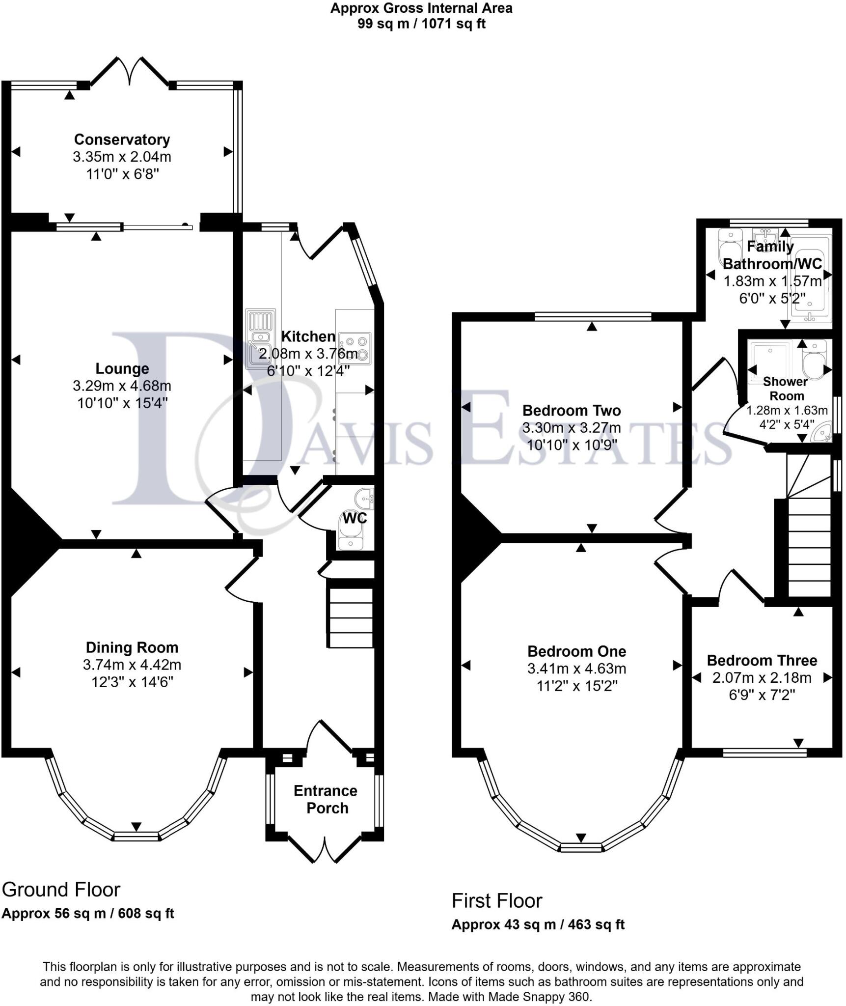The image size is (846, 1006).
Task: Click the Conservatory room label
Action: point(122,140)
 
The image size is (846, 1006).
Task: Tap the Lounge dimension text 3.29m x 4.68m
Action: point(122,386)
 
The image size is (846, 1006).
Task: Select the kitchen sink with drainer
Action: point(260,338)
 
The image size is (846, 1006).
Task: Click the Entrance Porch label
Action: point(326,799)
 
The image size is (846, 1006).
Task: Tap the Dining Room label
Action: point(132,647)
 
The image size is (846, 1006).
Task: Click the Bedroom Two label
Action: point(572,410)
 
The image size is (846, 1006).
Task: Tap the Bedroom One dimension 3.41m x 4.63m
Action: point(576,669)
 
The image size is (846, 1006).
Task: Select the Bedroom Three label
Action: point(762,660)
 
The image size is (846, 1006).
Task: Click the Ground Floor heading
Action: point(61,890)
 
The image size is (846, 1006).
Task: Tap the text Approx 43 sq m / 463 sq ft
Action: point(538,924)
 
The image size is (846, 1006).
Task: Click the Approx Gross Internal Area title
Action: point(421,8)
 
